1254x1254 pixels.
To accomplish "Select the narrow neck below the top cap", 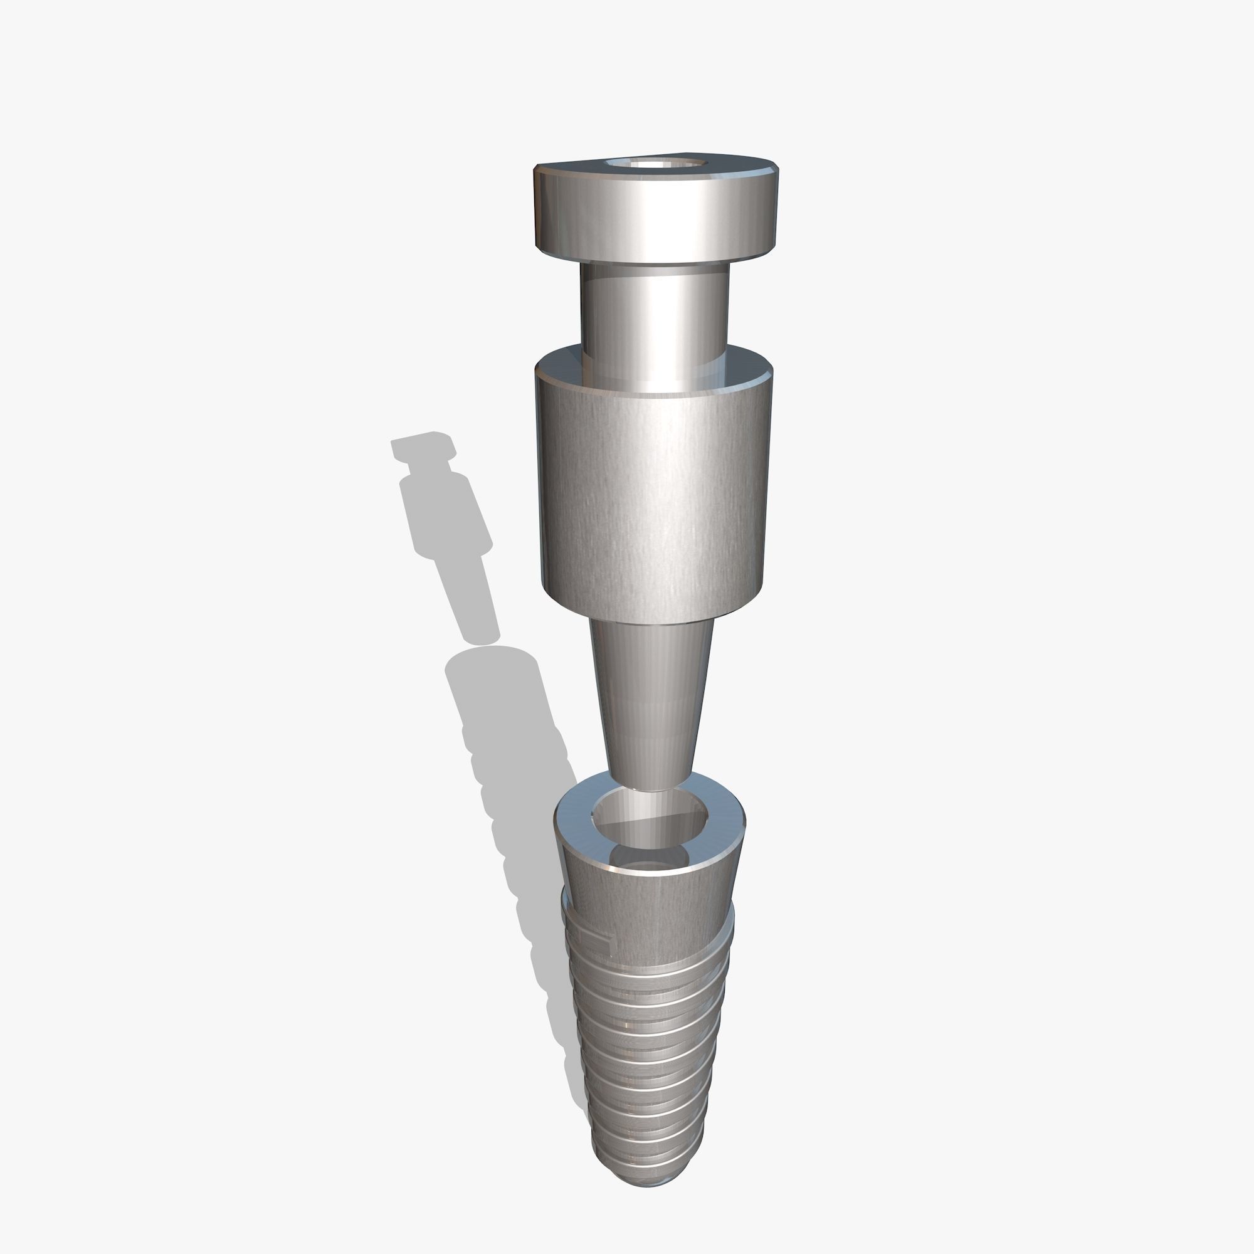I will coord(654,312).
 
